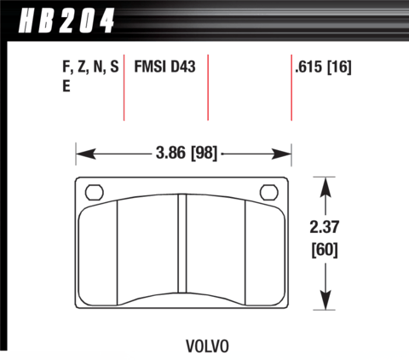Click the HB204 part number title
[x=66, y=20]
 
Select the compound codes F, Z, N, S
[x=90, y=67]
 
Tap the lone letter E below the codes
[x=66, y=86]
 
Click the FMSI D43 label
[x=164, y=67]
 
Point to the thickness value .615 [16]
[x=323, y=67]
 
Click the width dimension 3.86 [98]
[x=187, y=153]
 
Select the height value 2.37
[x=325, y=227]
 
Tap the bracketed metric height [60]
[x=325, y=250]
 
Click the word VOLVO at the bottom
[x=207, y=346]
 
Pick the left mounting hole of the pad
[x=95, y=192]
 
